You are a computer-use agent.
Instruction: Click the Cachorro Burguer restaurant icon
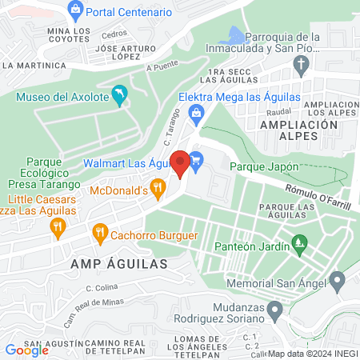click(100, 234)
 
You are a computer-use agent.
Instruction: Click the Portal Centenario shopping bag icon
click(77, 12)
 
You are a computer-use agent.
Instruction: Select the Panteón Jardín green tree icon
click(300, 241)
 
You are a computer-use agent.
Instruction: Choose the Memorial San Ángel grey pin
click(338, 282)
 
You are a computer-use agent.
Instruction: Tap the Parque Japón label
click(264, 167)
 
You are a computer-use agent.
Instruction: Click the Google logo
click(27, 350)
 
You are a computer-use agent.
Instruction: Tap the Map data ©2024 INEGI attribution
click(311, 354)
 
